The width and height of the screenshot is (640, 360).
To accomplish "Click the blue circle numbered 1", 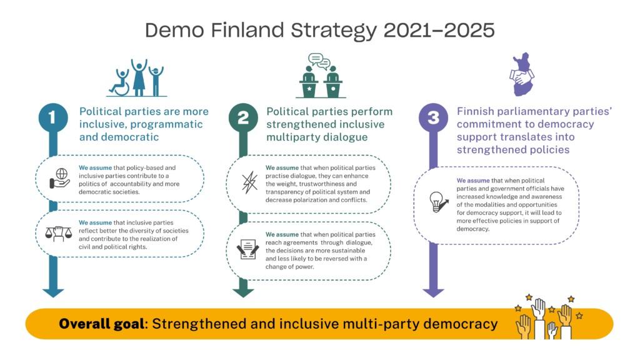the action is [53, 117].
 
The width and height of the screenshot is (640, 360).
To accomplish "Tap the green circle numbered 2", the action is [243, 117].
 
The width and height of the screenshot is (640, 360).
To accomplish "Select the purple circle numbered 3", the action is [434, 117].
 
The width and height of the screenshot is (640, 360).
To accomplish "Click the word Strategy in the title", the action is [334, 30].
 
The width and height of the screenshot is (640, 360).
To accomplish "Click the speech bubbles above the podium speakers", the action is [319, 61].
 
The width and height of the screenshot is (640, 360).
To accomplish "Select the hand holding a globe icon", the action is [60, 178].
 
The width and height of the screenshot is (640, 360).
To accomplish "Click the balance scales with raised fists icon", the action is [58, 234].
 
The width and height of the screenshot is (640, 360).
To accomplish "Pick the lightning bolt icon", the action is [249, 182].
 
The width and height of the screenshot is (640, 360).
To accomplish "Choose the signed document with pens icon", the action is [247, 249].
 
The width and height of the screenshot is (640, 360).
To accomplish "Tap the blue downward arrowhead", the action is [53, 292].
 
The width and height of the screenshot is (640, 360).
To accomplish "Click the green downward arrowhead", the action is [243, 292].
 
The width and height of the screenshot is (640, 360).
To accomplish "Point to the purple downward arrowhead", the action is [434, 292].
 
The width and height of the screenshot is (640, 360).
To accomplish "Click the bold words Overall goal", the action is [102, 324].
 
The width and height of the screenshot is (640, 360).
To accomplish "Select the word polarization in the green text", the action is [302, 200].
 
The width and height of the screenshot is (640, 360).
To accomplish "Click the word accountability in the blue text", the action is [131, 184].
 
